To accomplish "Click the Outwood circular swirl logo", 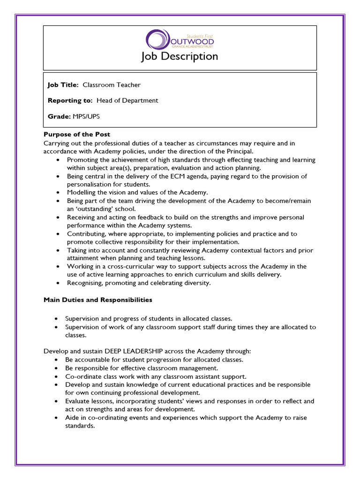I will (156, 39).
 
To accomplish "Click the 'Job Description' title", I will (180, 56).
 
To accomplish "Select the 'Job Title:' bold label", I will (63, 85).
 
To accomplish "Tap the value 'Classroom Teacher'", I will (112, 85).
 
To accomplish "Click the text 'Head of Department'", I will (127, 100).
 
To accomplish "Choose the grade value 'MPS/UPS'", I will (86, 116).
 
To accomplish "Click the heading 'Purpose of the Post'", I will (77, 135).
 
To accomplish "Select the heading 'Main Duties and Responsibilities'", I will (97, 300).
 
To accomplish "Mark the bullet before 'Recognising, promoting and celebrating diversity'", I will (57, 283).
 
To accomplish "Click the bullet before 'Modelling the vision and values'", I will (57, 193).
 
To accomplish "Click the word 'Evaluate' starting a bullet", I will (78, 401).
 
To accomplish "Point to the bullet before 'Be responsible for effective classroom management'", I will (57, 368).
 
